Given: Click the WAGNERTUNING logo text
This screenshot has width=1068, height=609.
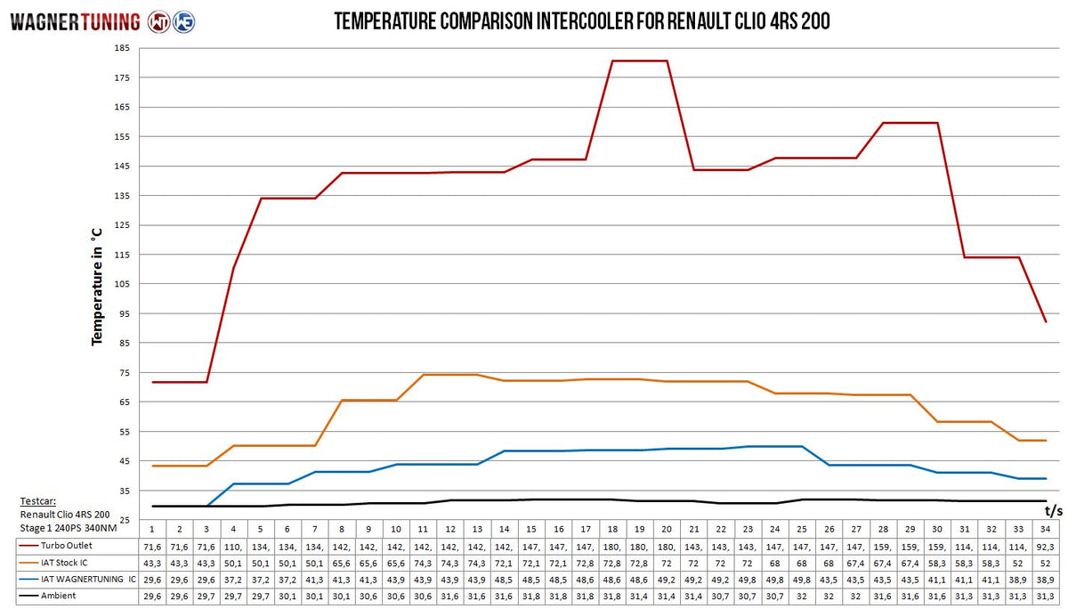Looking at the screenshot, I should (x=75, y=21).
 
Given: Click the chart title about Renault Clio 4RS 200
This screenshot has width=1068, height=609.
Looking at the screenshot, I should (x=582, y=21).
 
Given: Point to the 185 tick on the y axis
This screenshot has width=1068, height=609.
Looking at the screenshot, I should (x=123, y=48).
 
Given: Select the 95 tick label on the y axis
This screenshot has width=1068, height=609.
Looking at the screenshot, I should (x=123, y=313).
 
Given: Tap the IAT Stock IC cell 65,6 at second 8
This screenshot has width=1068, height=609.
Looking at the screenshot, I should (x=342, y=562).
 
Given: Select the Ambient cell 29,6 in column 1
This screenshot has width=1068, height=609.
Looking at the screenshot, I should (x=152, y=596).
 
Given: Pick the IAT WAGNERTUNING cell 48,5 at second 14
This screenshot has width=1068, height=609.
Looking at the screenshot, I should (x=505, y=579).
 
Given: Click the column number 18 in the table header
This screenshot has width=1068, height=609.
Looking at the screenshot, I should (x=612, y=529).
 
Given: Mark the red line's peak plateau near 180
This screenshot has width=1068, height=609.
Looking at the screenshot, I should (x=640, y=61).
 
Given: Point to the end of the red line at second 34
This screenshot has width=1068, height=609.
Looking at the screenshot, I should (x=1046, y=321).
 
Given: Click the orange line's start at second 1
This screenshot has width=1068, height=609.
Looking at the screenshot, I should (x=152, y=466).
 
